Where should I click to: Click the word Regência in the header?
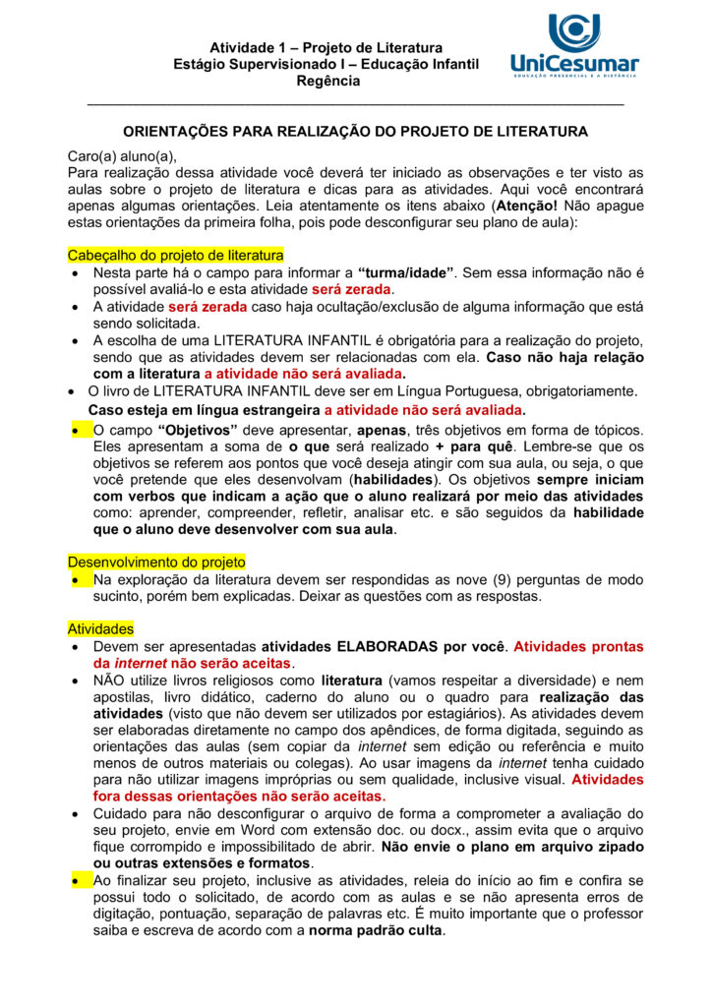coord(327,81)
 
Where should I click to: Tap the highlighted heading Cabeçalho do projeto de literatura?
coord(175,255)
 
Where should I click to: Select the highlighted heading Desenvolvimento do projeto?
coord(156,562)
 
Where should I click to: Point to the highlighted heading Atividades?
coord(100,628)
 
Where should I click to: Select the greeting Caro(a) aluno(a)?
coord(121,155)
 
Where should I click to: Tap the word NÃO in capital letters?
coord(109,680)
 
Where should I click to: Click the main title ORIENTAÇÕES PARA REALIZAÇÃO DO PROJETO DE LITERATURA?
coord(355,131)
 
